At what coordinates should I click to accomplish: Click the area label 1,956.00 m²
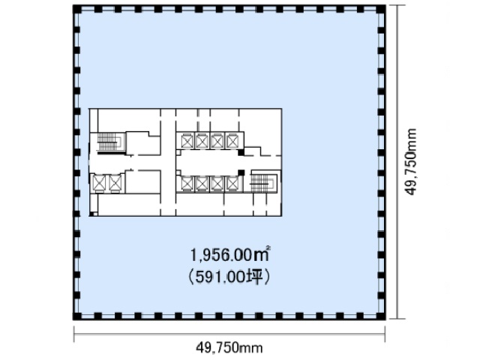click(x=230, y=255)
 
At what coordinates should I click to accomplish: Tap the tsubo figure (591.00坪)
click(x=229, y=277)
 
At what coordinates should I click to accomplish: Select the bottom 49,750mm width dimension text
click(x=229, y=348)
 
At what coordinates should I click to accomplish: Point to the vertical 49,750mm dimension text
click(x=410, y=162)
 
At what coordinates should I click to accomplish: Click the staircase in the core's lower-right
click(x=263, y=181)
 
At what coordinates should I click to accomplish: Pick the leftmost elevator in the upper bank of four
click(x=187, y=141)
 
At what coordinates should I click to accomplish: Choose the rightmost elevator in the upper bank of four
click(x=232, y=141)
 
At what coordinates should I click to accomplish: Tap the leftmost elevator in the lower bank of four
click(x=187, y=184)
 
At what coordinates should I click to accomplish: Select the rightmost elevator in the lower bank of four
click(x=232, y=184)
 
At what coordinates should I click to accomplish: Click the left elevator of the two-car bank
click(x=99, y=183)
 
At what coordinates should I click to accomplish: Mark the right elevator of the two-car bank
click(x=115, y=183)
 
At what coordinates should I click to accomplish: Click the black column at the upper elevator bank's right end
click(x=241, y=151)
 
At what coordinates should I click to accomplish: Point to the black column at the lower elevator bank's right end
click(x=241, y=172)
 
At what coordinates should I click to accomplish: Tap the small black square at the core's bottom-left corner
click(x=91, y=214)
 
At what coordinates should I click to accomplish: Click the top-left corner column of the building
click(x=76, y=9)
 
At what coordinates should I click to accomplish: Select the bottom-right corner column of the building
click(x=382, y=316)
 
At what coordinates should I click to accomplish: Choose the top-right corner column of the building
click(x=382, y=9)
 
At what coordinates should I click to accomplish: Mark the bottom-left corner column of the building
click(x=76, y=316)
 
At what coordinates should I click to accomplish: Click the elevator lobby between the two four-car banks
click(x=208, y=162)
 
